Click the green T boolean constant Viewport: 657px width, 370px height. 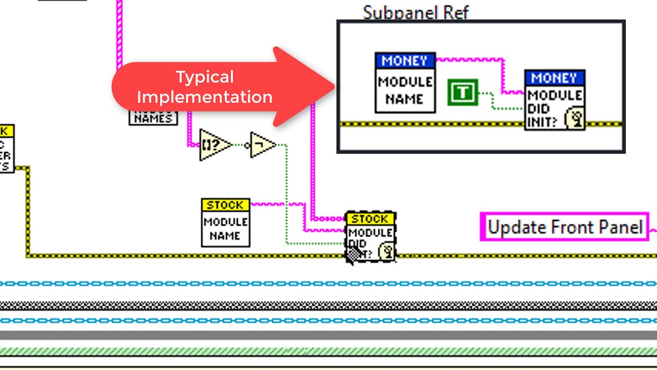pyautogui.click(x=462, y=92)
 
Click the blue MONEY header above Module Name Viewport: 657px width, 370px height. pyautogui.click(x=405, y=61)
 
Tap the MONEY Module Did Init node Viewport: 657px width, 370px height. pyautogui.click(x=554, y=100)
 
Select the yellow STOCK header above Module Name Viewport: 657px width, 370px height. pyautogui.click(x=225, y=205)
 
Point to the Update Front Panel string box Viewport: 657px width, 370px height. pyautogui.click(x=565, y=227)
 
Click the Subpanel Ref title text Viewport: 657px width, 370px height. pyautogui.click(x=415, y=12)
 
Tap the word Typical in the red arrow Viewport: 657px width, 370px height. pyautogui.click(x=205, y=77)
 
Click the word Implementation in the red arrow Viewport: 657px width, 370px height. pyautogui.click(x=204, y=97)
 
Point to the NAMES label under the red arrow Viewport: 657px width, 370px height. pyautogui.click(x=153, y=118)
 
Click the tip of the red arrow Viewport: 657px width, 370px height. pyautogui.click(x=334, y=86)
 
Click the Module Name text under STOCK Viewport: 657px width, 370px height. pyautogui.click(x=225, y=229)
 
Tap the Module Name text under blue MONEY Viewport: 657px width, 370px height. pyautogui.click(x=405, y=90)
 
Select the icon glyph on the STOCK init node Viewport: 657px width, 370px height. pyautogui.click(x=387, y=252)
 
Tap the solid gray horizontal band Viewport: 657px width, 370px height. pyautogui.click(x=328, y=336)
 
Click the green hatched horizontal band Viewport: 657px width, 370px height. pyautogui.click(x=328, y=351)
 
